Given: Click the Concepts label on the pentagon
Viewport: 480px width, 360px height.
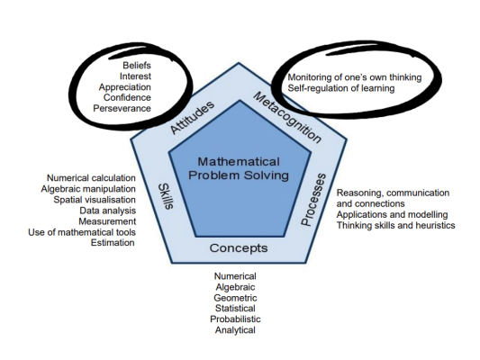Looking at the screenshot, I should (x=239, y=247).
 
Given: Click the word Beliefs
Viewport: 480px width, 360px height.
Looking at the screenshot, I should (x=137, y=65).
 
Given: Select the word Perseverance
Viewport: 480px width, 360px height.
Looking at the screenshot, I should (x=122, y=108).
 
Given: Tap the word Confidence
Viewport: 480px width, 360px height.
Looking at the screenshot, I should (x=126, y=97).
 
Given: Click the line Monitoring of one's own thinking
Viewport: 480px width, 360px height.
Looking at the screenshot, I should (x=354, y=77).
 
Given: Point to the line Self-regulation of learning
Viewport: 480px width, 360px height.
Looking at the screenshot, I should (x=341, y=88).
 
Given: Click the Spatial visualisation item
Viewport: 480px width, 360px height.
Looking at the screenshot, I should (x=93, y=199).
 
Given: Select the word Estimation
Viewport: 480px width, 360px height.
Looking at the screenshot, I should (x=113, y=242).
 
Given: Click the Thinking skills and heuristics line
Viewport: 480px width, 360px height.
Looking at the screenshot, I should (x=395, y=225).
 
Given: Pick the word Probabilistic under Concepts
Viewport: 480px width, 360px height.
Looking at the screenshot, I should (x=235, y=319).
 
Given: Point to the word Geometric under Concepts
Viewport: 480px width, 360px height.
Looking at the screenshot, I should (x=235, y=297).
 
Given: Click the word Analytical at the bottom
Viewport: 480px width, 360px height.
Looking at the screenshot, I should (x=235, y=329).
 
